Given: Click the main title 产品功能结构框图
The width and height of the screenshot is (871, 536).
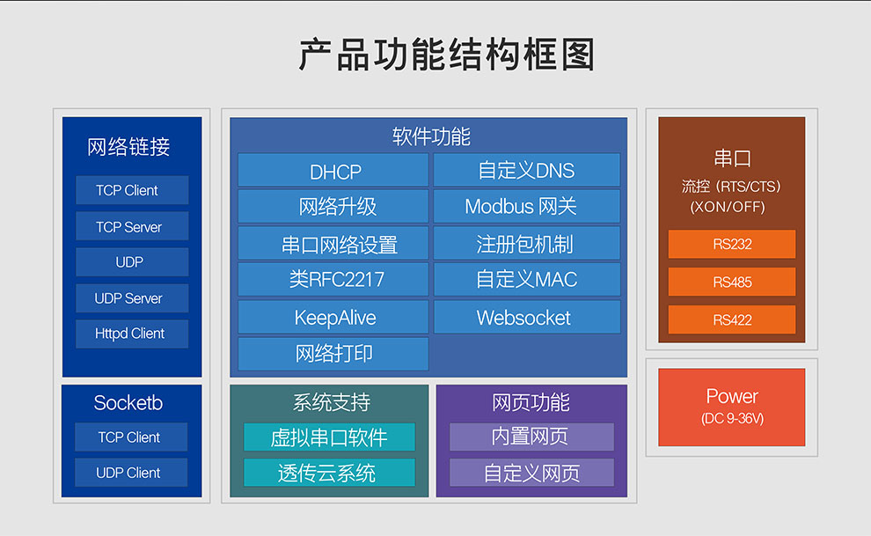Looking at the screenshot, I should tap(447, 55).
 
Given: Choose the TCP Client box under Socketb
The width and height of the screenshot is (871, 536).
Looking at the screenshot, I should tap(130, 437).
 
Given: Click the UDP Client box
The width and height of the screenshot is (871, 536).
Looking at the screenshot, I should tap(130, 473).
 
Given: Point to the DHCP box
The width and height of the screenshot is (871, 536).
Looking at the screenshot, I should tap(333, 171).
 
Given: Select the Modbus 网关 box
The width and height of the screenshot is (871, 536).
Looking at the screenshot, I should tap(526, 207).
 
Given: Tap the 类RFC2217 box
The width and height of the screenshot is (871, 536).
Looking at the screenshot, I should tap(333, 280).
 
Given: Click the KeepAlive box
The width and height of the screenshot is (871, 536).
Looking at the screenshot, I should tap(333, 317).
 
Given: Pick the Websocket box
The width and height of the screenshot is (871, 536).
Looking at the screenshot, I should tap(526, 317).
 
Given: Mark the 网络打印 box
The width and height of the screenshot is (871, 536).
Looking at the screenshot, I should tap(333, 353).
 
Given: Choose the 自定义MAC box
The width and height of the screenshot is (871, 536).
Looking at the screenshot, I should tap(526, 280).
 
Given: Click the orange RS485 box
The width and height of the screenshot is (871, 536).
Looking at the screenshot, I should tap(732, 282).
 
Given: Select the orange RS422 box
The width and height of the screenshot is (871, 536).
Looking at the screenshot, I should tap(732, 319).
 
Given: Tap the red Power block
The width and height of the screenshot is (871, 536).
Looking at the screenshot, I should tap(732, 407).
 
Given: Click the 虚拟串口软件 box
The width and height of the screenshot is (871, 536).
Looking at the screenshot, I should tap(329, 437).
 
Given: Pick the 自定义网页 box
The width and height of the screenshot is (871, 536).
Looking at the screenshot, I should tap(531, 473).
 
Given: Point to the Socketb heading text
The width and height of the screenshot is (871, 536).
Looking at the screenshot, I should tap(128, 403).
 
